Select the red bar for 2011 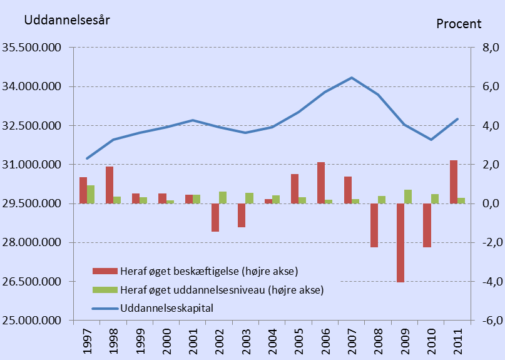click(454, 182)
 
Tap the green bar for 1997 click(91, 194)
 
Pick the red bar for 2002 click(215, 217)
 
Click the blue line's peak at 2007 click(352, 78)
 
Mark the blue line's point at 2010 click(431, 139)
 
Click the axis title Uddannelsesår click(67, 19)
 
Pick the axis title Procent click(459, 24)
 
